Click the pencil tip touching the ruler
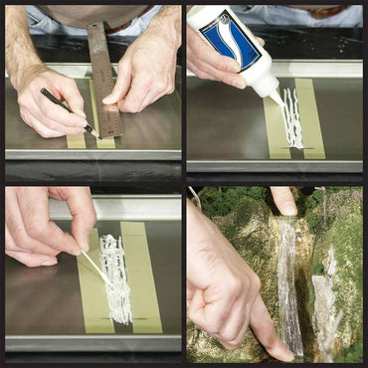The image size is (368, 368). (x=92, y=129)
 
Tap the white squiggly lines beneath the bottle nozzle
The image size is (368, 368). (x=291, y=119)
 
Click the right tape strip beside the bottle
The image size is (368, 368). (x=311, y=119)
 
